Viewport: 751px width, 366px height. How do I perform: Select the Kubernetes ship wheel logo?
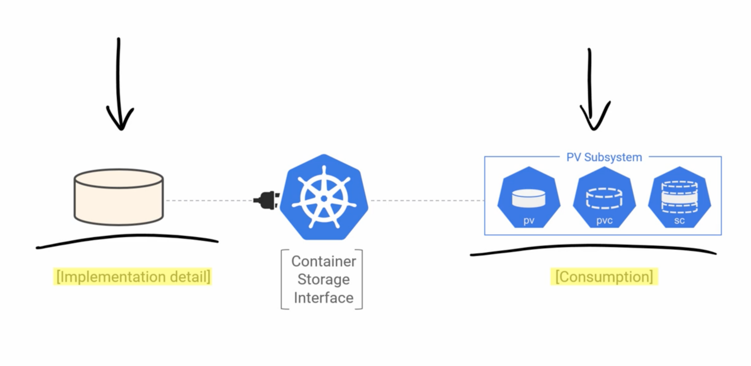324,197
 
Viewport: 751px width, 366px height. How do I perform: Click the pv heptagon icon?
529,198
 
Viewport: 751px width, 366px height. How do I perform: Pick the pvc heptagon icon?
604,198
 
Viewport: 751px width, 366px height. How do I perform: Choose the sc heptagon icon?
679,198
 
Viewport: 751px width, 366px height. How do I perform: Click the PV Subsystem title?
604,157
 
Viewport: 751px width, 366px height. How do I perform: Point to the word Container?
324,261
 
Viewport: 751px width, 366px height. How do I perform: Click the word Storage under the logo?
324,280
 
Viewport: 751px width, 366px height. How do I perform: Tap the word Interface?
324,298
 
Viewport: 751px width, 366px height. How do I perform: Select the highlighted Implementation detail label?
133,277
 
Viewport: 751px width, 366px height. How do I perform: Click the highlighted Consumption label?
604,277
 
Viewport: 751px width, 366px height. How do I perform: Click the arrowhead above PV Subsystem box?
594,120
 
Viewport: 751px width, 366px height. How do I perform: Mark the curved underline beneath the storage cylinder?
127,239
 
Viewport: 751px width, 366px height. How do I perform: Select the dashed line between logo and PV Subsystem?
425,200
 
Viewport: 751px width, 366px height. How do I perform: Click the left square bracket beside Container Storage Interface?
283,280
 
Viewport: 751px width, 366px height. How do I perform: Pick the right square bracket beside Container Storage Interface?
361,280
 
